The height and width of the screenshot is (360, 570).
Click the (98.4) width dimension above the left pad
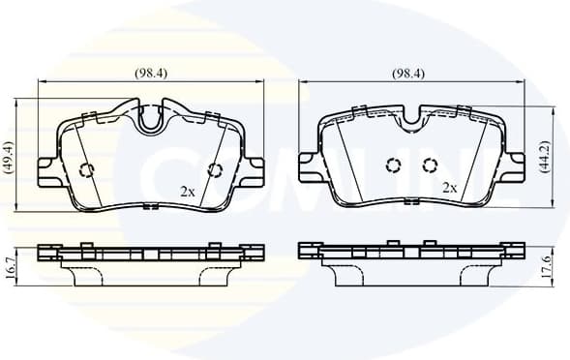click(x=149, y=74)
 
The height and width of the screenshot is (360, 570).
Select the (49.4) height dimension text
click(x=10, y=157)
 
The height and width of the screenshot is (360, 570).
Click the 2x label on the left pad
click(x=188, y=192)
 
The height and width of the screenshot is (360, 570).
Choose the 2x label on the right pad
click(x=449, y=187)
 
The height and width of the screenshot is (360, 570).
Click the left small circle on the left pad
click(x=85, y=171)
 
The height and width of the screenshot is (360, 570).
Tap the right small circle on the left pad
click(x=215, y=170)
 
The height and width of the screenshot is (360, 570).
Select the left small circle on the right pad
click(x=392, y=165)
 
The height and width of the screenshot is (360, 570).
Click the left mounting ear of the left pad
click(x=48, y=170)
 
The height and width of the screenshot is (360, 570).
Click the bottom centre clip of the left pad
click(x=150, y=205)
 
